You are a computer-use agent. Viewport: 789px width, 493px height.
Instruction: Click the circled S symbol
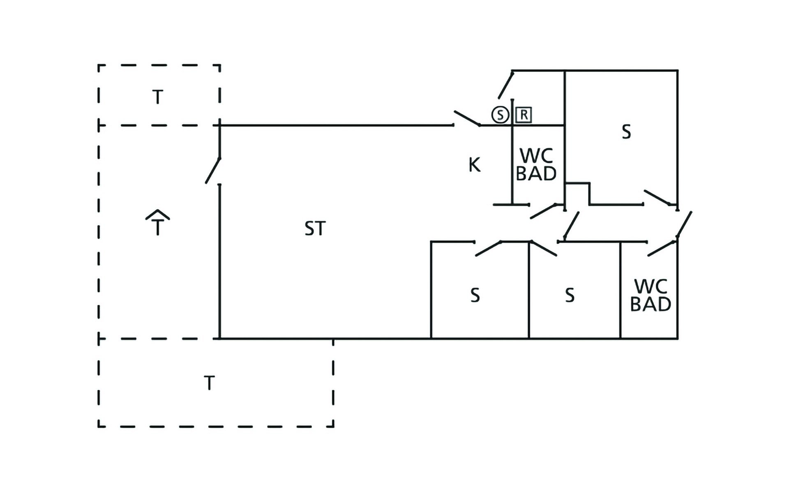click(500, 115)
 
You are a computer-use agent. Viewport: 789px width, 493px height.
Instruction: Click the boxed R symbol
click(524, 115)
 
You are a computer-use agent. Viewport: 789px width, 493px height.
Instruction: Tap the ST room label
click(315, 228)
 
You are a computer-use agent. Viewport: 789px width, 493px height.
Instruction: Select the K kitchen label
click(474, 165)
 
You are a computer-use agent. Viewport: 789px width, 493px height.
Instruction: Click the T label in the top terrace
click(158, 97)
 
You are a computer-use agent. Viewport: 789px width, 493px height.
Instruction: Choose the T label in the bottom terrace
click(209, 383)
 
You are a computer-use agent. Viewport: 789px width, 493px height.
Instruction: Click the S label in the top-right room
click(626, 132)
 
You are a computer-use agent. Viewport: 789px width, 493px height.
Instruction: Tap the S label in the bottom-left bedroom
click(475, 295)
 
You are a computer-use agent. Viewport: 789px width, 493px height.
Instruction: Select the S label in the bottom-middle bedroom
click(570, 295)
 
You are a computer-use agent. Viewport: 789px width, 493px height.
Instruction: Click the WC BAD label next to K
click(536, 165)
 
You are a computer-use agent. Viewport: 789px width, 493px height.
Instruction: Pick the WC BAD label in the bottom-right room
click(651, 295)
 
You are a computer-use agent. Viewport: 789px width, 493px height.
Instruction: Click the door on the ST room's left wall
click(213, 170)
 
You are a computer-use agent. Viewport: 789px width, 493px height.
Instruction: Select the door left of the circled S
click(506, 85)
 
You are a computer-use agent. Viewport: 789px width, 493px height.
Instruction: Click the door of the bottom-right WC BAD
click(662, 249)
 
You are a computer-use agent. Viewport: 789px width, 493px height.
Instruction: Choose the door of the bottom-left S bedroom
click(488, 249)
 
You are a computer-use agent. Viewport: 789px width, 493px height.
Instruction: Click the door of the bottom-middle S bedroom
click(544, 249)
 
